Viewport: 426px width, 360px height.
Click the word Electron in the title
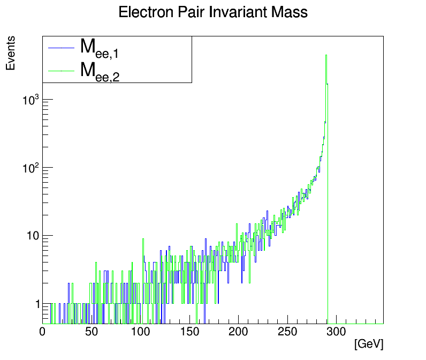coord(141,12)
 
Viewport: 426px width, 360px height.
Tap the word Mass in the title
coord(290,12)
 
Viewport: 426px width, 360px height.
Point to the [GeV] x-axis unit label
coord(369,344)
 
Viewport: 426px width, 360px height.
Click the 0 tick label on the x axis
coord(43,332)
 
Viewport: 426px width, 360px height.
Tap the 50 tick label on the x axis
coord(92,332)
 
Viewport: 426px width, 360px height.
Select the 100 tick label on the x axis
coord(140,332)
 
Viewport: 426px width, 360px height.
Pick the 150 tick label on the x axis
coord(189,332)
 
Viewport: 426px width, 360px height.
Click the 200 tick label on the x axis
coord(238,332)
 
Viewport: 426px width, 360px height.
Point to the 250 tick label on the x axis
coord(287,332)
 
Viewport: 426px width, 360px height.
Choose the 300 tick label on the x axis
coord(336,332)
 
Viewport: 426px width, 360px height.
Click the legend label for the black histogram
coord(99,48)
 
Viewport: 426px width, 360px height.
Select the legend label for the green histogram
coord(99,71)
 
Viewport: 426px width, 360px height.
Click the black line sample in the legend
coord(60,48)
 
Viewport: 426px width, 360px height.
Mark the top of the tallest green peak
coord(326,55)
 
